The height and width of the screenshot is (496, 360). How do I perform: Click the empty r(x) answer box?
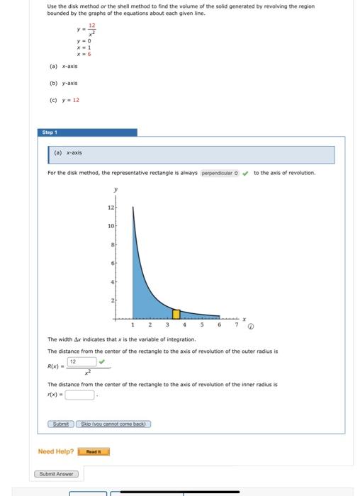pos(79,395)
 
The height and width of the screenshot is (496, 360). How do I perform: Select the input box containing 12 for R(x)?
pos(81,361)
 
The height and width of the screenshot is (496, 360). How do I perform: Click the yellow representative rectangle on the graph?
pos(177,314)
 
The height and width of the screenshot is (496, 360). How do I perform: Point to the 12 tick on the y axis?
pos(110,208)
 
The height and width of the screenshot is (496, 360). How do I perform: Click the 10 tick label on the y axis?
pos(110,226)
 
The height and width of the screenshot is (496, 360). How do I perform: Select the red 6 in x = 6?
pos(89,54)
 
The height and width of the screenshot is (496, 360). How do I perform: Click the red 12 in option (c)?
pos(76,100)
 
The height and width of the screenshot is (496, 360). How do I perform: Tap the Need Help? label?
pos(55,451)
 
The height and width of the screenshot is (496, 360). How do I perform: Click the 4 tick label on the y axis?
pos(111,282)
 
